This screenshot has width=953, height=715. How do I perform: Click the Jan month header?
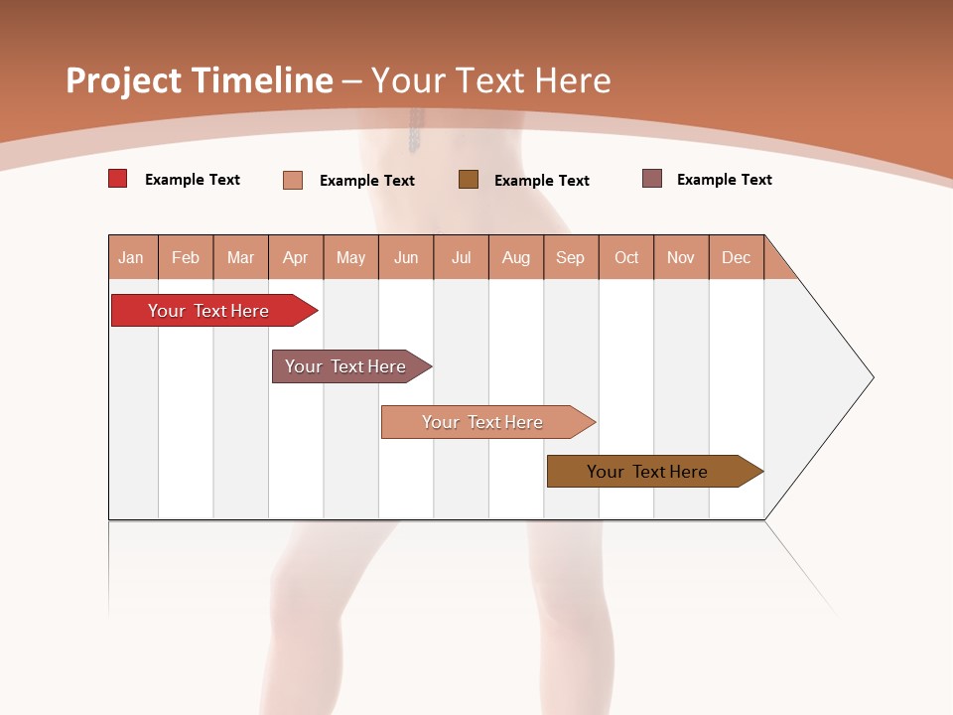(x=132, y=257)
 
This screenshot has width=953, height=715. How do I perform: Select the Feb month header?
(x=186, y=257)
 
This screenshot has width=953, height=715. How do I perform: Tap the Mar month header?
(x=240, y=257)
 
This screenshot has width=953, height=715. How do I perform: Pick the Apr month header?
(x=296, y=257)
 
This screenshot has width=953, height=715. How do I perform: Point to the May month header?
(x=350, y=257)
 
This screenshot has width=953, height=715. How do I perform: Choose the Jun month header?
(x=406, y=257)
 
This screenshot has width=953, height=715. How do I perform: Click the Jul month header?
(x=461, y=257)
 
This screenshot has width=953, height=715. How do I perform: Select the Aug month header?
(x=516, y=257)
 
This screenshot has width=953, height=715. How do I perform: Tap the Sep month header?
(x=571, y=257)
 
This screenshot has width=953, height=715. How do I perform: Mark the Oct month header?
(x=626, y=257)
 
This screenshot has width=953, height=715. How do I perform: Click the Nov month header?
(x=681, y=257)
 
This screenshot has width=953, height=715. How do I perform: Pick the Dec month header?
(x=737, y=257)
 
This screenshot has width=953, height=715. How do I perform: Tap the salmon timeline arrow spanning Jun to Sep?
(x=483, y=422)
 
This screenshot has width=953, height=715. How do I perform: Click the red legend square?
(x=118, y=179)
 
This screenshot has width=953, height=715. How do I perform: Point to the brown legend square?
(x=469, y=179)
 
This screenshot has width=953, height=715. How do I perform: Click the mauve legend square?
(x=652, y=179)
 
